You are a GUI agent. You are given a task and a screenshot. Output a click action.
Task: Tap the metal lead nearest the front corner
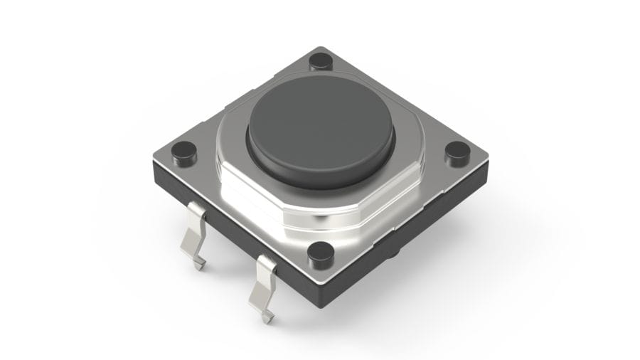tap(265, 285)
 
